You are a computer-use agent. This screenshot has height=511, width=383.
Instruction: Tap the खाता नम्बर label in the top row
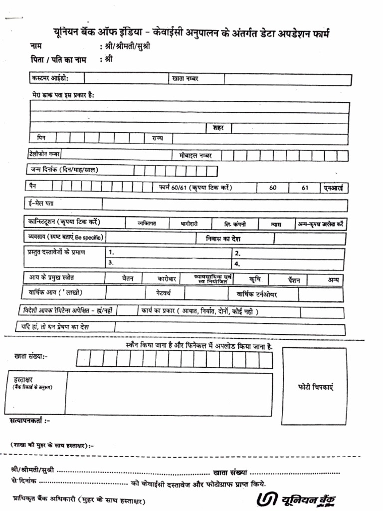pyautogui.click(x=186, y=79)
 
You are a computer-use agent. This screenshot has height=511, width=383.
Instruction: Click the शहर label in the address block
pyautogui.click(x=218, y=128)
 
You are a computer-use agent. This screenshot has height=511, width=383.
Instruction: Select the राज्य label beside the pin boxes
pyautogui.click(x=158, y=138)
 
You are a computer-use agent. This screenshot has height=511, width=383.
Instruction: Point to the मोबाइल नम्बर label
pyautogui.click(x=195, y=155)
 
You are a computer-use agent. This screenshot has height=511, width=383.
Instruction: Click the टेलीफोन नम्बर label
pyautogui.click(x=45, y=154)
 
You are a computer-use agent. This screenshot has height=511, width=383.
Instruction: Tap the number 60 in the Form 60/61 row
pyautogui.click(x=273, y=188)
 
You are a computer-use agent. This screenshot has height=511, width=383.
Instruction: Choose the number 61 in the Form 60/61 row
pyautogui.click(x=305, y=188)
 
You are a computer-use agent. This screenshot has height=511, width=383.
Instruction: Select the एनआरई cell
pyautogui.click(x=334, y=188)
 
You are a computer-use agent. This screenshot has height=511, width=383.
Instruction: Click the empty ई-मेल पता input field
pyautogui.click(x=224, y=205)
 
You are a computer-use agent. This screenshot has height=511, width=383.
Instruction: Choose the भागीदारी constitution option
pyautogui.click(x=190, y=224)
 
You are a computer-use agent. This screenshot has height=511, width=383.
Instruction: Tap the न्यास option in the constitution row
pyautogui.click(x=276, y=225)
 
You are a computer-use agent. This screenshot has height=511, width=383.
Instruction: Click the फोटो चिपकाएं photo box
pyautogui.click(x=315, y=387)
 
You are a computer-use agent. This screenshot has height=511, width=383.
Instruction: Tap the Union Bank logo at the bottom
pyautogui.click(x=297, y=499)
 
